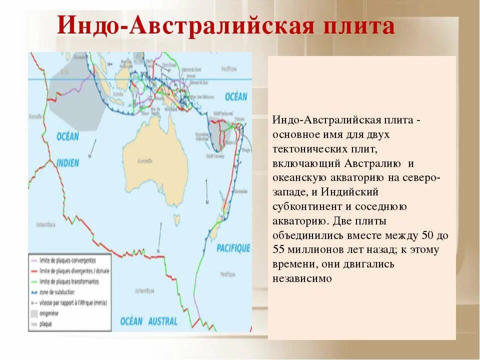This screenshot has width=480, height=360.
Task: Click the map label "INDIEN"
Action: (x=67, y=162)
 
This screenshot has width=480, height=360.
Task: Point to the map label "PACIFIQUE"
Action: (x=233, y=247)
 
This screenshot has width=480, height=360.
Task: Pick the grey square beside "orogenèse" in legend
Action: (x=34, y=313)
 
